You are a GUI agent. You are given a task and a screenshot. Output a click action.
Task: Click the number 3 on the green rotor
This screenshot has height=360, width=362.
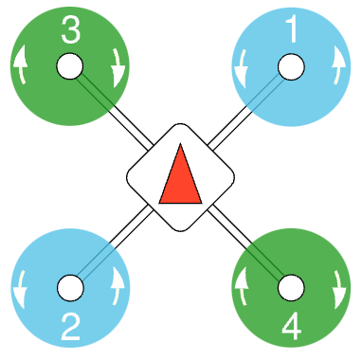point(70,30)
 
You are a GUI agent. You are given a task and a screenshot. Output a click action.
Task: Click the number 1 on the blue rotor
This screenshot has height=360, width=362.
point(292,31)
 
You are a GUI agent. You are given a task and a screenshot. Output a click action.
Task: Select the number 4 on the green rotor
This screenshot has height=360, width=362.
point(292,326)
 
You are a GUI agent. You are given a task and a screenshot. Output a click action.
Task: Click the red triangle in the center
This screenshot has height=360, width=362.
point(180,177)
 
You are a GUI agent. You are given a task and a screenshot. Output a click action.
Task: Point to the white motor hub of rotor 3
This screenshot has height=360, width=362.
point(69,66)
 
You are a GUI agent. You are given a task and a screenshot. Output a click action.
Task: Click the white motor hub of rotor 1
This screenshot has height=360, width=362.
point(292,67)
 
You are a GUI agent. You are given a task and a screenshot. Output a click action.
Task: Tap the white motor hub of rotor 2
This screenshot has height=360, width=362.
point(69,287)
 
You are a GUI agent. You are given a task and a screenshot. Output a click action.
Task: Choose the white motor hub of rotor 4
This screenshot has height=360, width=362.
point(292,287)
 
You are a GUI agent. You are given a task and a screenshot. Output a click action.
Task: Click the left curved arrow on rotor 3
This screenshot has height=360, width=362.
point(21,67)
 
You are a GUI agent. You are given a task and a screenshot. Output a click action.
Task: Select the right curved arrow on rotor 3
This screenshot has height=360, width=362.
point(118,67)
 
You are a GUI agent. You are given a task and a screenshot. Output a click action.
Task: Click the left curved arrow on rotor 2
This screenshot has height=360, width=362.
point(21,287)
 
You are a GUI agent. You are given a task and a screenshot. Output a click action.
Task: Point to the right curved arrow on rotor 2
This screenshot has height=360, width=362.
point(118,287)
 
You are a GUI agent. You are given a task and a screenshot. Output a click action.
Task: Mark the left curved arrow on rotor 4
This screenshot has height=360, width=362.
point(243,287)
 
